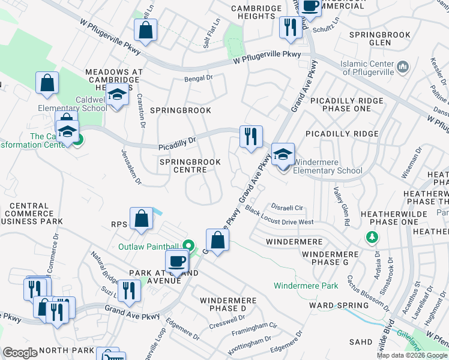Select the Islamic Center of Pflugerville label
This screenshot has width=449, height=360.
[x=367, y=68]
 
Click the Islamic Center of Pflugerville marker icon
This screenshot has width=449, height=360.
[x=402, y=64]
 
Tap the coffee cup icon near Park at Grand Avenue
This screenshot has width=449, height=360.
[x=177, y=262]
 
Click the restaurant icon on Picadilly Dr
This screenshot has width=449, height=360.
[x=250, y=136]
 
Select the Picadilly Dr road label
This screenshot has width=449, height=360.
[x=177, y=143]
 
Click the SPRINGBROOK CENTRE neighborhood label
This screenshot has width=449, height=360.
[x=190, y=166]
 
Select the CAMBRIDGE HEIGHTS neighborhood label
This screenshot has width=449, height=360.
[x=256, y=12]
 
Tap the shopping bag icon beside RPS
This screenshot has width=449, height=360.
[x=141, y=220]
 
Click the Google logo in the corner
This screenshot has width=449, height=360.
[x=20, y=353]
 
